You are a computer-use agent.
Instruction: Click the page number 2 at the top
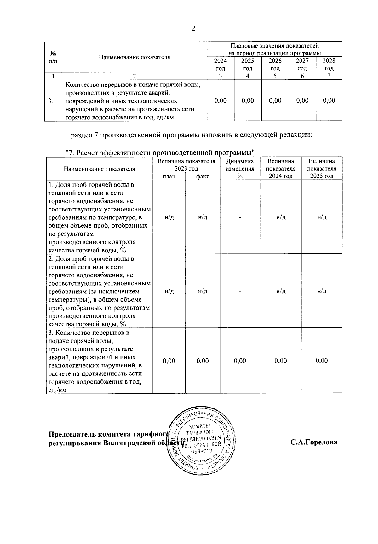193,29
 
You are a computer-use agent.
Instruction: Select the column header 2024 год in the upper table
220,64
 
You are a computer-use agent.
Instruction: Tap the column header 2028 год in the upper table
329,64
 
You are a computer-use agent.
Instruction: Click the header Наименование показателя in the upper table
134,57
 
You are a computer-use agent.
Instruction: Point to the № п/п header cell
53,57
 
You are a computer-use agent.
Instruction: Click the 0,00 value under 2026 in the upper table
275,101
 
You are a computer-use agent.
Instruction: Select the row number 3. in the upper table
50,101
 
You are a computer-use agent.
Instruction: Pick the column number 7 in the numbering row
329,76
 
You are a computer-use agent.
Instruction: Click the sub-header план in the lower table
169,176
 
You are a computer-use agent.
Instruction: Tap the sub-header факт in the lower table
202,176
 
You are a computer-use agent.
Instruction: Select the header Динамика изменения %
240,169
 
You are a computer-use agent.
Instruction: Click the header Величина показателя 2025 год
321,169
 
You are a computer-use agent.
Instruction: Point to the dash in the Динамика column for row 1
240,217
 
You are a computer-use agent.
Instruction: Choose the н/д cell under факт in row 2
202,291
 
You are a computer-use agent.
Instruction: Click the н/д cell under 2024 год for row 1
280,217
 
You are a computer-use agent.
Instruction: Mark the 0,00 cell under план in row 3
169,361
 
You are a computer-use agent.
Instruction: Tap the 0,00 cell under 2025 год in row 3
321,361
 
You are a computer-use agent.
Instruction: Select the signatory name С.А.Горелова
313,442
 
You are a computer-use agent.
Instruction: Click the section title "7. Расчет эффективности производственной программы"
160,153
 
